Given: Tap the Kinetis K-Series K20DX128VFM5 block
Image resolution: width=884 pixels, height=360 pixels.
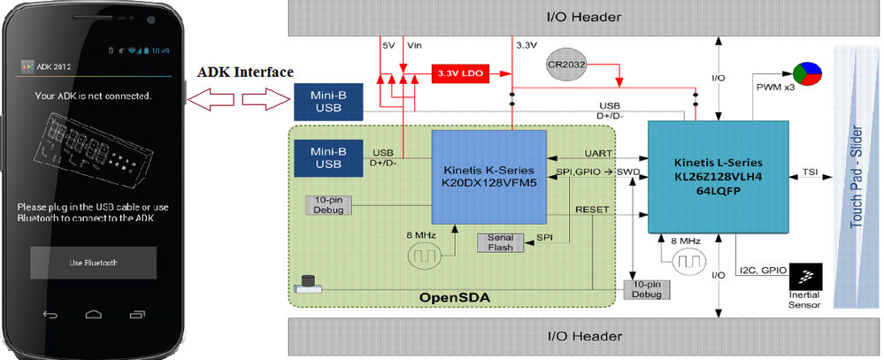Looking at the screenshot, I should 488,177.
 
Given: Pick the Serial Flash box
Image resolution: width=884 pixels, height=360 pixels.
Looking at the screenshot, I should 501,242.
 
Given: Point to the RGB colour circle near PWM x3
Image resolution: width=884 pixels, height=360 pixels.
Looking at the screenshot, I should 806,73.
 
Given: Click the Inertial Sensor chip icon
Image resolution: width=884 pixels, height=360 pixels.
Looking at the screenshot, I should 804,275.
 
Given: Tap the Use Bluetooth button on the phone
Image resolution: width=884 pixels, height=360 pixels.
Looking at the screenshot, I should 93,264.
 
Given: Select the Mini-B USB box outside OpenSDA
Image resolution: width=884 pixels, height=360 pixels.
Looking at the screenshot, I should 327,101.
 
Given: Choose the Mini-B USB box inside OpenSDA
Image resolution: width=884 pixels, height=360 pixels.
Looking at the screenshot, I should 327,157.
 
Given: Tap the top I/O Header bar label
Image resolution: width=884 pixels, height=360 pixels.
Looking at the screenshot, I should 583,17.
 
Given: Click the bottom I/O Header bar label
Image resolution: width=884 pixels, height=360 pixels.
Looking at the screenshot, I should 583,337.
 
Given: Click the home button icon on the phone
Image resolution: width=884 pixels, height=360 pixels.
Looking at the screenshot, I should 93,314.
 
